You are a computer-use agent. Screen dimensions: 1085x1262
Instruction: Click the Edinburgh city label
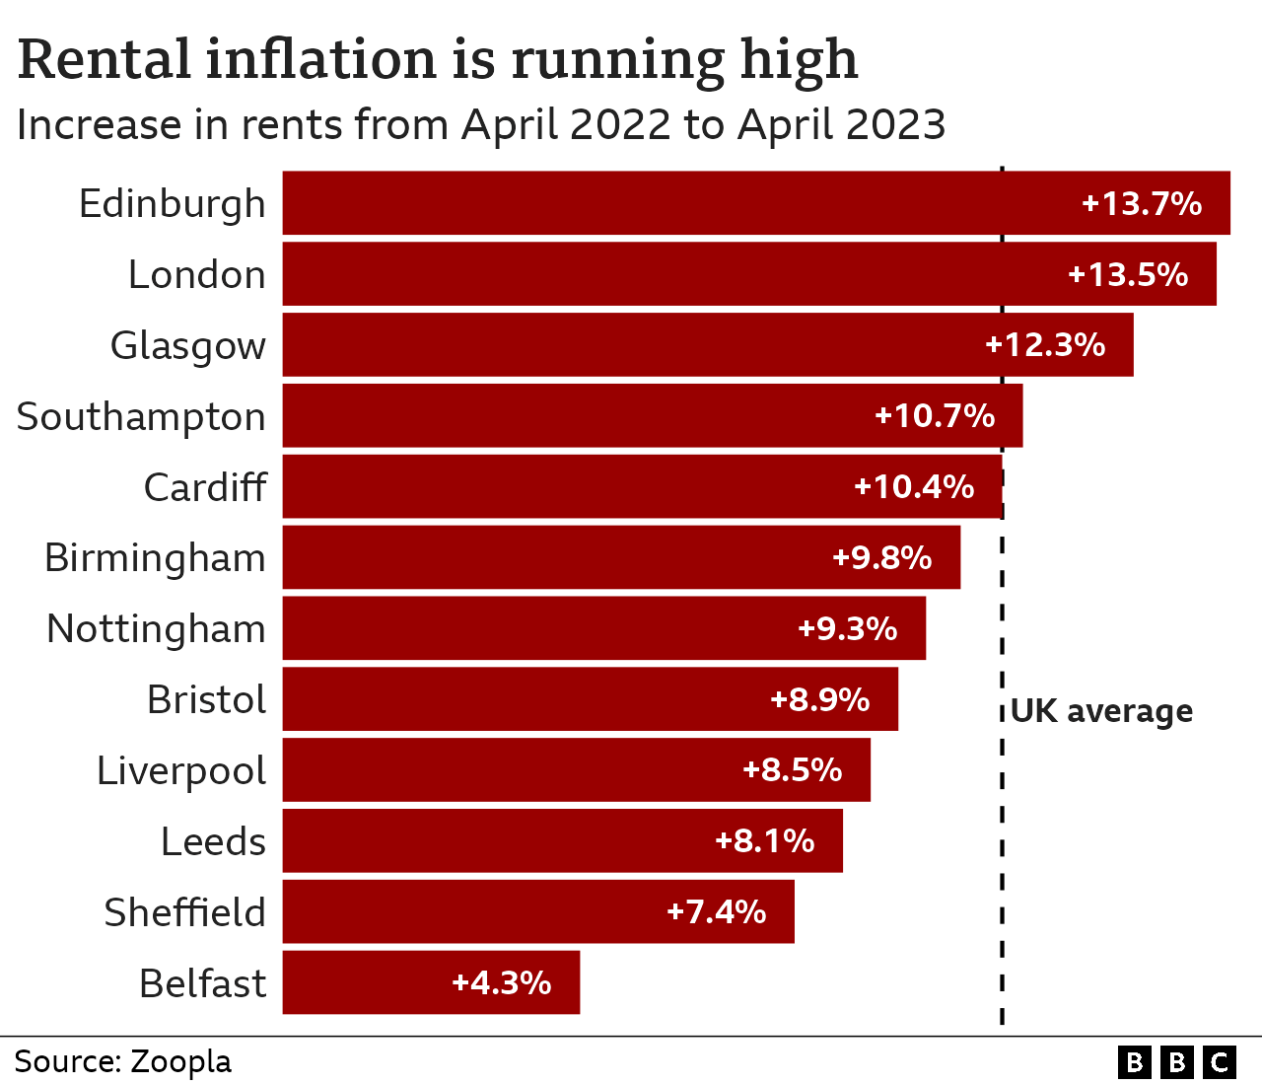173,204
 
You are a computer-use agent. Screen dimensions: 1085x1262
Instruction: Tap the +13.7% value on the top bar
1142,204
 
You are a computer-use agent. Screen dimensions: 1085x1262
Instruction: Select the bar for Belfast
431,982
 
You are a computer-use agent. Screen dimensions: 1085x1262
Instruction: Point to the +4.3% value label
501,982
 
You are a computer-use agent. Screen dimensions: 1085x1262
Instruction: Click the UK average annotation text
1101,711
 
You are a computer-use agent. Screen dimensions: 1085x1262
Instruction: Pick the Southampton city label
141,417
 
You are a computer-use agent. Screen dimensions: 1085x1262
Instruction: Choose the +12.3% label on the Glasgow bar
1045,345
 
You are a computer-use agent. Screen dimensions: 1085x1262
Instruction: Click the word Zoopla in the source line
181,1061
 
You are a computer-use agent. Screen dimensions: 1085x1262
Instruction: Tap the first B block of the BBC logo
1134,1062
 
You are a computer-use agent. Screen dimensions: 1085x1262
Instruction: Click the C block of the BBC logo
1220,1062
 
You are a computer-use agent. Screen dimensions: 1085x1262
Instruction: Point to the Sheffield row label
184,912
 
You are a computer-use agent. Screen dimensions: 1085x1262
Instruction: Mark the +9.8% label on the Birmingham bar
881,558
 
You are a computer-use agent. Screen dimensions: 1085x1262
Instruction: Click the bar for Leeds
562,840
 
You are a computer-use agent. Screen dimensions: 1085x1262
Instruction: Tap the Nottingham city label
156,629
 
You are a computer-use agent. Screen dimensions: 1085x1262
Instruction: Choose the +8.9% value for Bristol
819,700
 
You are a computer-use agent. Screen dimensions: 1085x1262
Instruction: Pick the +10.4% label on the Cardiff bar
914,487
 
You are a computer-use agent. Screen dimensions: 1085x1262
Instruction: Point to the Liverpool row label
181,771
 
